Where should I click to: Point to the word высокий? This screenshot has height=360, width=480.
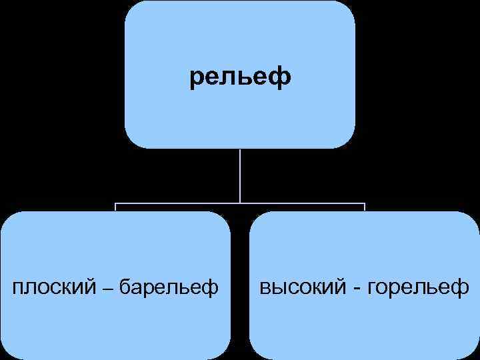point(301,287)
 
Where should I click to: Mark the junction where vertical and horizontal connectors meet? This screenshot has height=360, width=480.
point(240,202)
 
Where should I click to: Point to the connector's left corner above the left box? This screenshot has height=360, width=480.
point(115,203)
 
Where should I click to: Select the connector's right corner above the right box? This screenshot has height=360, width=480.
point(365,203)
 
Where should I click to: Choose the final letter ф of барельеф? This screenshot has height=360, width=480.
point(211,288)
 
